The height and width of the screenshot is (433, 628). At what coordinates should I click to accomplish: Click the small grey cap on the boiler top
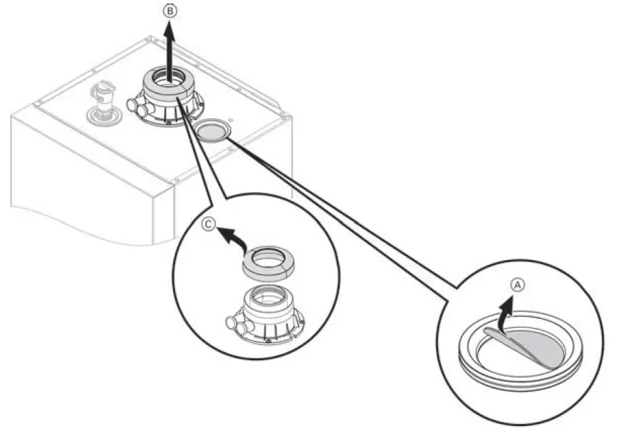(x=213, y=129)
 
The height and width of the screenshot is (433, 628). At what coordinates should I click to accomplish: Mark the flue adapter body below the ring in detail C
(x=267, y=304)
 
